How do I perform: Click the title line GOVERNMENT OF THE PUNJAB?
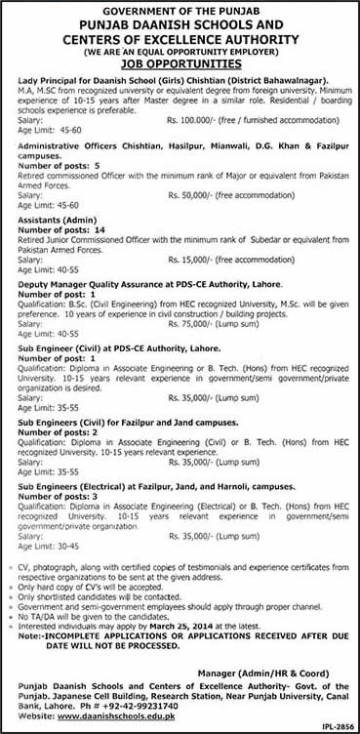[x=180, y=9]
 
